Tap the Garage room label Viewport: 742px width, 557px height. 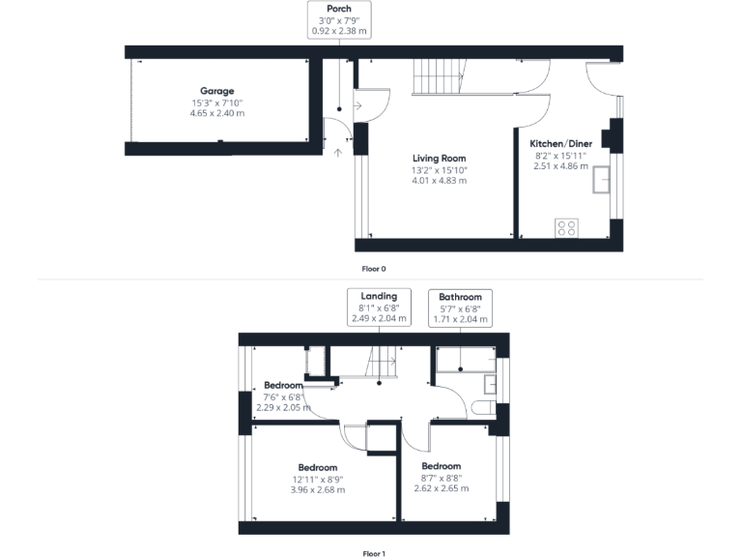217,91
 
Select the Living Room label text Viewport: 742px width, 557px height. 439,159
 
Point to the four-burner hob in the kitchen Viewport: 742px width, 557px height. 567,228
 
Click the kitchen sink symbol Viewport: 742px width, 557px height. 605,179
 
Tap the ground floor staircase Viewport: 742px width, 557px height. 439,75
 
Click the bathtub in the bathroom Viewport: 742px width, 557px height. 466,362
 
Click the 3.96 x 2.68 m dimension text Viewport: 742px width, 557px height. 317,489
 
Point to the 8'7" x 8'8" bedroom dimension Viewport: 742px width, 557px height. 441,478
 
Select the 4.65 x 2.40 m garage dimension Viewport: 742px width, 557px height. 217,113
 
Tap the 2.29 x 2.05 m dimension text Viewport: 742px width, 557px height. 284,407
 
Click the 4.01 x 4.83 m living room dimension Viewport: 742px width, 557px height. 439,181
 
